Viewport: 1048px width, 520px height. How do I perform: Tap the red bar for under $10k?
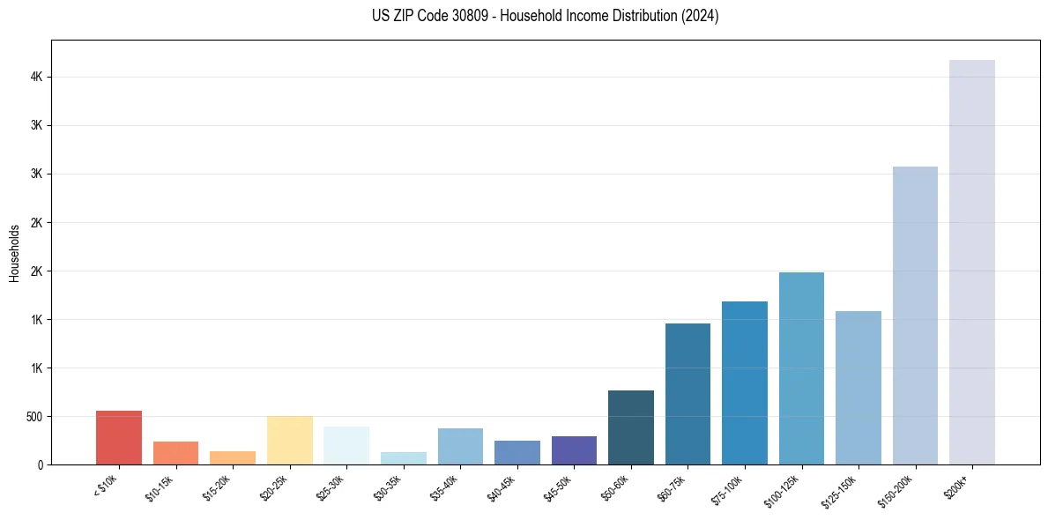(x=119, y=437)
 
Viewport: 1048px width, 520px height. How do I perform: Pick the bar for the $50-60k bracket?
(x=631, y=427)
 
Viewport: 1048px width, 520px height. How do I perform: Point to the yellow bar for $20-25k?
(x=290, y=440)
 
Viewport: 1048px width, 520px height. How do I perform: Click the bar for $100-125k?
(x=801, y=368)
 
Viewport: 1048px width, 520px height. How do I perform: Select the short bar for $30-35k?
(x=404, y=458)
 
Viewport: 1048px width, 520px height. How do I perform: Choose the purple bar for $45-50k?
(x=574, y=450)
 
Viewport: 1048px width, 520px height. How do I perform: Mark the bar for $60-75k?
(x=688, y=394)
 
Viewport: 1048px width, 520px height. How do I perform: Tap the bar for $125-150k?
(x=858, y=388)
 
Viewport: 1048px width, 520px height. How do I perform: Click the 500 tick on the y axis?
(x=35, y=417)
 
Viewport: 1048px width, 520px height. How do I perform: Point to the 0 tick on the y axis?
(x=41, y=464)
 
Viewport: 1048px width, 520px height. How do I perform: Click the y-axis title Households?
(x=14, y=253)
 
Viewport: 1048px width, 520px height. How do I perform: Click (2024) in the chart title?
(x=701, y=17)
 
